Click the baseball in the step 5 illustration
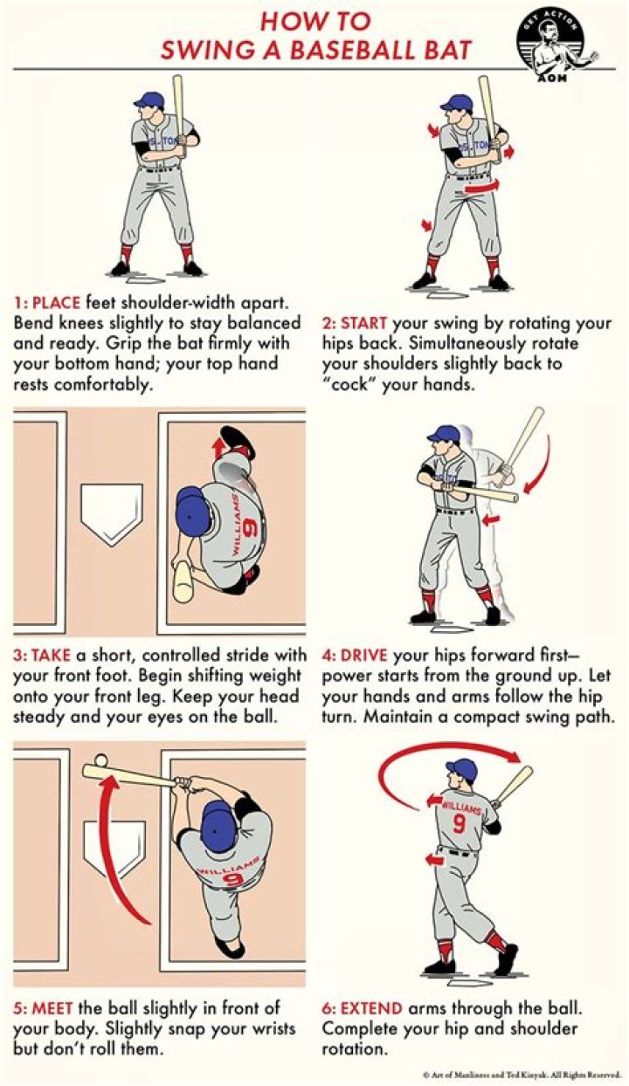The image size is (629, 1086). pos(100,761)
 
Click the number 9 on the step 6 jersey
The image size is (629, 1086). pos(459,823)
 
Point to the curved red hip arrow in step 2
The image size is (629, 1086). pos(481,186)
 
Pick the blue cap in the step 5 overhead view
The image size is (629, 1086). pos(217,829)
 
